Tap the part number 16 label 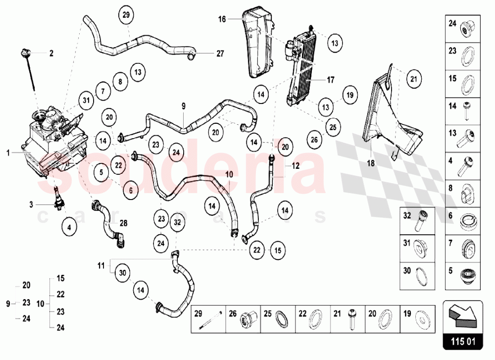click(x=222, y=19)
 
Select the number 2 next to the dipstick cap click(x=51, y=52)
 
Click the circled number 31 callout click(x=87, y=101)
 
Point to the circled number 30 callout click(x=122, y=272)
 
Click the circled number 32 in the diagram click(x=177, y=223)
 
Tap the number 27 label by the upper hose click(x=220, y=52)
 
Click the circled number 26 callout click(x=314, y=140)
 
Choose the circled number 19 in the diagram click(x=349, y=95)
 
